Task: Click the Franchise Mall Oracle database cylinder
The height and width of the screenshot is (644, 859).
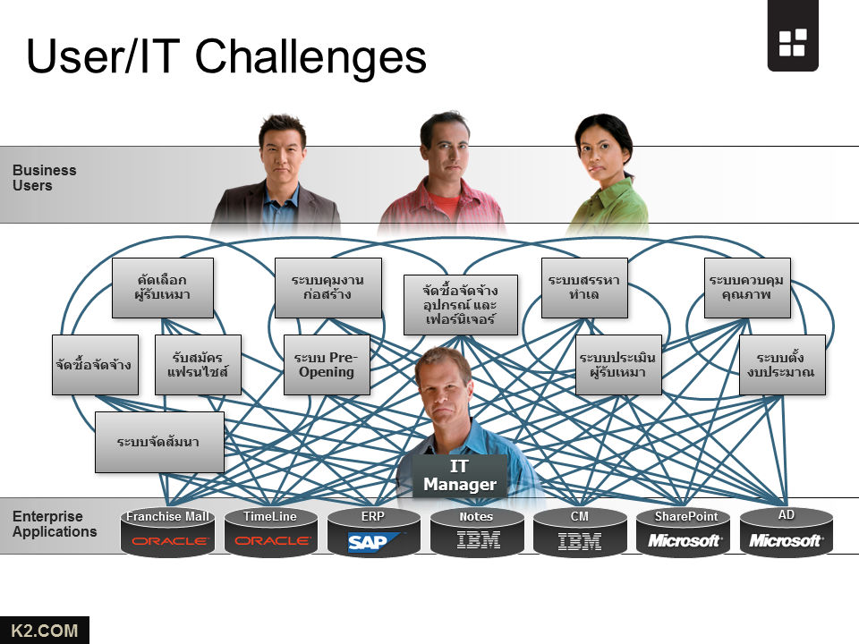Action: tap(167, 532)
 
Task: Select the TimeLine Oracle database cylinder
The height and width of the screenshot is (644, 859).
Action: tap(270, 532)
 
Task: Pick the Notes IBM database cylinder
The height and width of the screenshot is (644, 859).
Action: tap(477, 532)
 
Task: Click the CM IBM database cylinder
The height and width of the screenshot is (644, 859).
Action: tap(580, 532)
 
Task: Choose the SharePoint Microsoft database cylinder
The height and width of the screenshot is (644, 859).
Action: tap(684, 532)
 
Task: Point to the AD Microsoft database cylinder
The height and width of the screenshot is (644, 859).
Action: tap(787, 532)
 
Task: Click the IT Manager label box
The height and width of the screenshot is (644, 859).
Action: tap(460, 476)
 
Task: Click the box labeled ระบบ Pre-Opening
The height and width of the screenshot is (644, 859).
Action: tap(327, 365)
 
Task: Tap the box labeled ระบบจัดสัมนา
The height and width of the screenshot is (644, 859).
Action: tap(159, 442)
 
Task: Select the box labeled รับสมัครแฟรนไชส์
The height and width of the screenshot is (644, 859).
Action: tap(198, 365)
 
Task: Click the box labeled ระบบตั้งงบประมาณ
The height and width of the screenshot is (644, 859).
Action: tap(782, 365)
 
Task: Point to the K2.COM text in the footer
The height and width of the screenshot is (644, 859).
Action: tap(45, 631)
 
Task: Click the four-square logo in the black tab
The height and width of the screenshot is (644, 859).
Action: tap(792, 42)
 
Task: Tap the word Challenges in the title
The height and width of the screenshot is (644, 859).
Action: tap(310, 56)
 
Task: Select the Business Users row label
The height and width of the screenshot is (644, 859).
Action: tap(44, 177)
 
